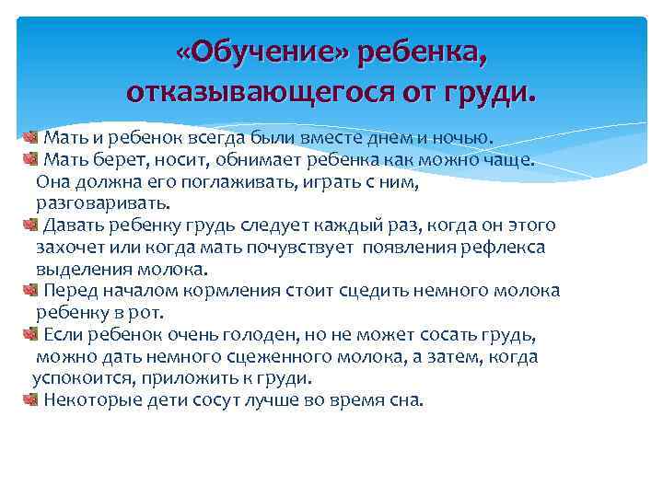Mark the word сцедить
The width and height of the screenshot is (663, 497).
(377, 291)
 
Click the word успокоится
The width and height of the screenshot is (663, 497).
(78, 378)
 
